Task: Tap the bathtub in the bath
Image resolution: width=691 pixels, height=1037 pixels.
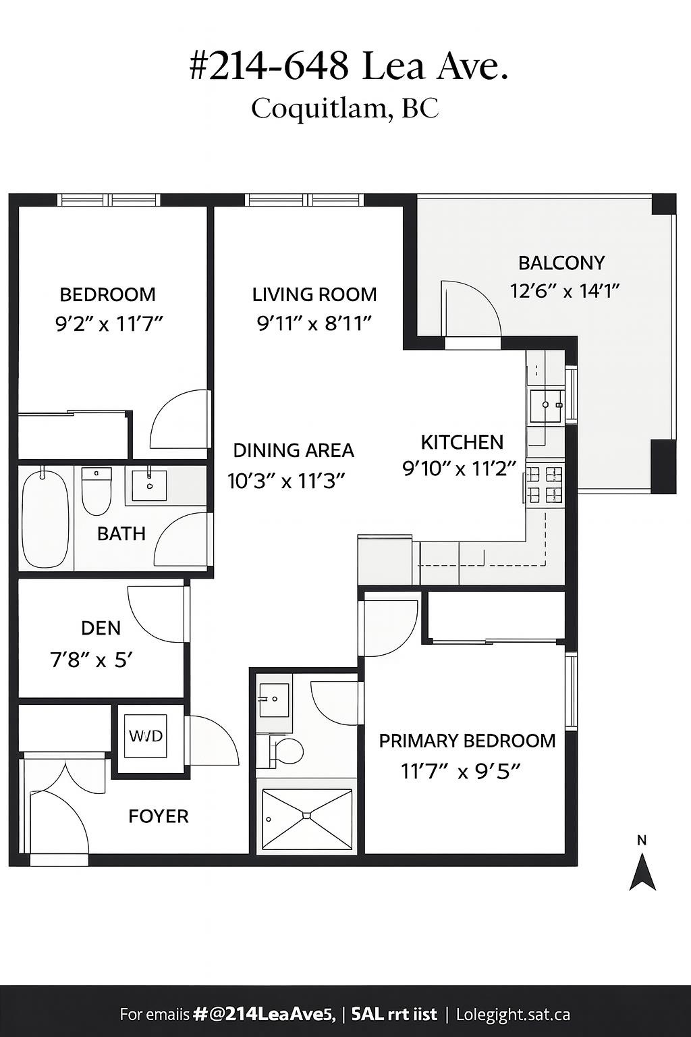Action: (45, 518)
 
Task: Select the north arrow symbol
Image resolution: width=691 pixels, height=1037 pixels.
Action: (642, 871)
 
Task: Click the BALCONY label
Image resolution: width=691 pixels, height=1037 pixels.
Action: (561, 263)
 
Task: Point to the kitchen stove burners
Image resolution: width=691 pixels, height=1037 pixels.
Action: (545, 484)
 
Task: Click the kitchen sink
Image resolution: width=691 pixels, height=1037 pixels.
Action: (545, 405)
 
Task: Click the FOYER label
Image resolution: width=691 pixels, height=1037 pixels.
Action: (159, 816)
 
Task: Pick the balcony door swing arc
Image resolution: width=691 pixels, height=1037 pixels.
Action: (472, 307)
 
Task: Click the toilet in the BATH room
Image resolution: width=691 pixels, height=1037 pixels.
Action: (96, 493)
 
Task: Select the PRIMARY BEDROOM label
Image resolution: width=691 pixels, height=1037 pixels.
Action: (467, 741)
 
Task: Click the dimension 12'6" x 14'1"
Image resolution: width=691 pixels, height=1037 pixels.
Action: (564, 291)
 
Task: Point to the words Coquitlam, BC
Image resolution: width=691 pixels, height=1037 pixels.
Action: (345, 108)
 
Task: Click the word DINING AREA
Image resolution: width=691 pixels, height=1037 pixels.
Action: (294, 450)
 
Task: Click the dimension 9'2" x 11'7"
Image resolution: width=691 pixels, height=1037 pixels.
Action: (109, 324)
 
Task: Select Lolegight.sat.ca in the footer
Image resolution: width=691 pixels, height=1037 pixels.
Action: (513, 1014)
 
